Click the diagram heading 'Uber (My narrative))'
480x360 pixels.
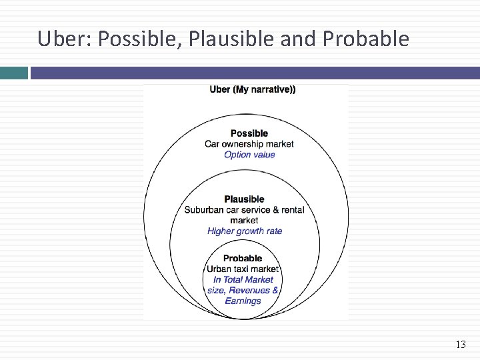point(253,89)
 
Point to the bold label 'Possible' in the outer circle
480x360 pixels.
point(249,133)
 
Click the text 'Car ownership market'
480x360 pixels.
point(249,144)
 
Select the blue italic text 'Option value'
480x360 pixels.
point(249,155)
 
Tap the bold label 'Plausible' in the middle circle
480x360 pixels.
point(244,199)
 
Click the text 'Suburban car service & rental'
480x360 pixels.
point(244,210)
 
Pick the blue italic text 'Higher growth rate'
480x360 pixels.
point(245,231)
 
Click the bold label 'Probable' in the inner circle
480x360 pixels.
point(243,259)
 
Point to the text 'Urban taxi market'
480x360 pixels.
point(243,269)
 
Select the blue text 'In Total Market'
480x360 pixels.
point(243,280)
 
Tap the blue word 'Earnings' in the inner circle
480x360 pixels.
point(243,301)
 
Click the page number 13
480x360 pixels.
point(460,345)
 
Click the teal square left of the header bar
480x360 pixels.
point(13,73)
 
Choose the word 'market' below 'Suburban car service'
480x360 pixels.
point(244,221)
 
